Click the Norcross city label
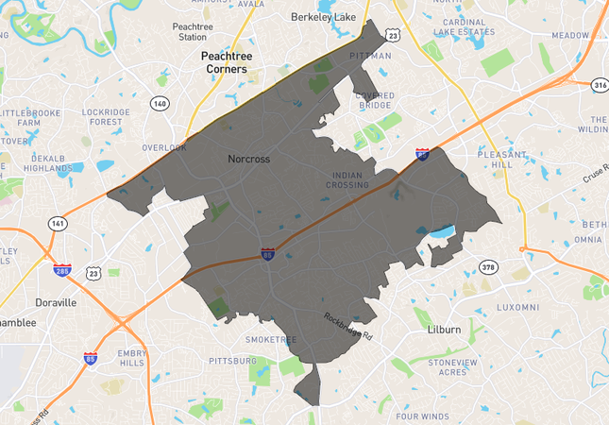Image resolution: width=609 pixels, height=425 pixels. point(249,159)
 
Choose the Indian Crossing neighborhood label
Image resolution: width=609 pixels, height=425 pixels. point(356,180)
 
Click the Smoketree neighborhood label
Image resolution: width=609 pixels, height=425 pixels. point(271,339)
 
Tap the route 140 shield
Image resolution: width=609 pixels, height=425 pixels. point(161,104)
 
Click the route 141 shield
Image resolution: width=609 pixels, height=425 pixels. point(58,223)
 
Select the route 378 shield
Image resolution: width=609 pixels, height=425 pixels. point(487,266)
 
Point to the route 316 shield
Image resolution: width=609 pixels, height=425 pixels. point(599,85)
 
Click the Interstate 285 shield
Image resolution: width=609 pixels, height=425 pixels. point(62,270)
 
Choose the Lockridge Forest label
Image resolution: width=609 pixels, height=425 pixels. point(107,117)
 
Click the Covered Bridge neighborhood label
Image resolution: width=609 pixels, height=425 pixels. point(375,100)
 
